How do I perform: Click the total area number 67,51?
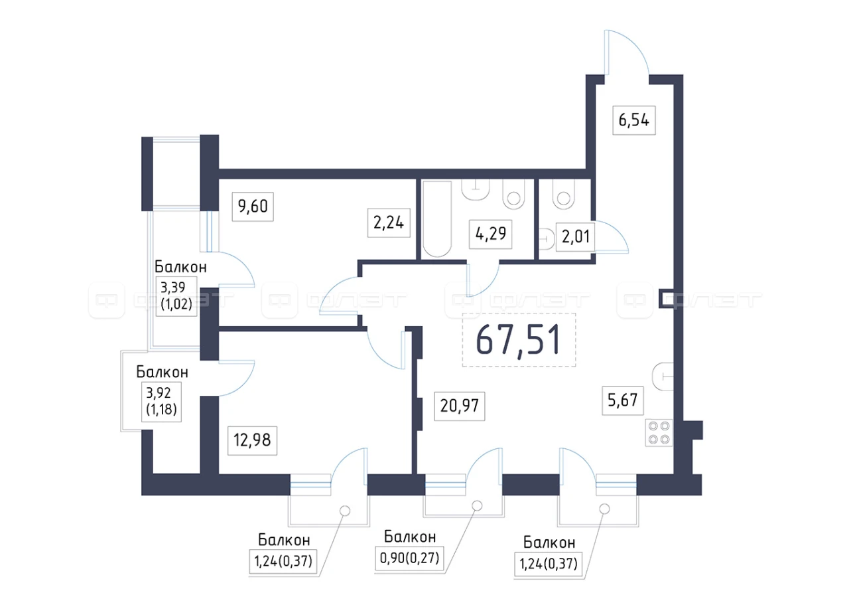pos(518,340)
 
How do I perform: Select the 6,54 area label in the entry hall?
pos(633,120)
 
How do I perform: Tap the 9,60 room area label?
pos(253,207)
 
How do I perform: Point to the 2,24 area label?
pos(389,222)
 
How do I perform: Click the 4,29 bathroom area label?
pos(490,234)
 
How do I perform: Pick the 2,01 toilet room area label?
pos(575,237)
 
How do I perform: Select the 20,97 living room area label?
pos(460,406)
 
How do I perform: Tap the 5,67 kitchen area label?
pos(622,400)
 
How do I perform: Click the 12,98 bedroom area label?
pos(252,440)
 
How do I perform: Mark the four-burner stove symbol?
pos(659,432)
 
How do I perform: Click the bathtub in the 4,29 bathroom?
pos(437,219)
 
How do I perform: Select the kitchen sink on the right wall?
pos(663,377)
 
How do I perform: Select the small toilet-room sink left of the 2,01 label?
pos(546,239)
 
